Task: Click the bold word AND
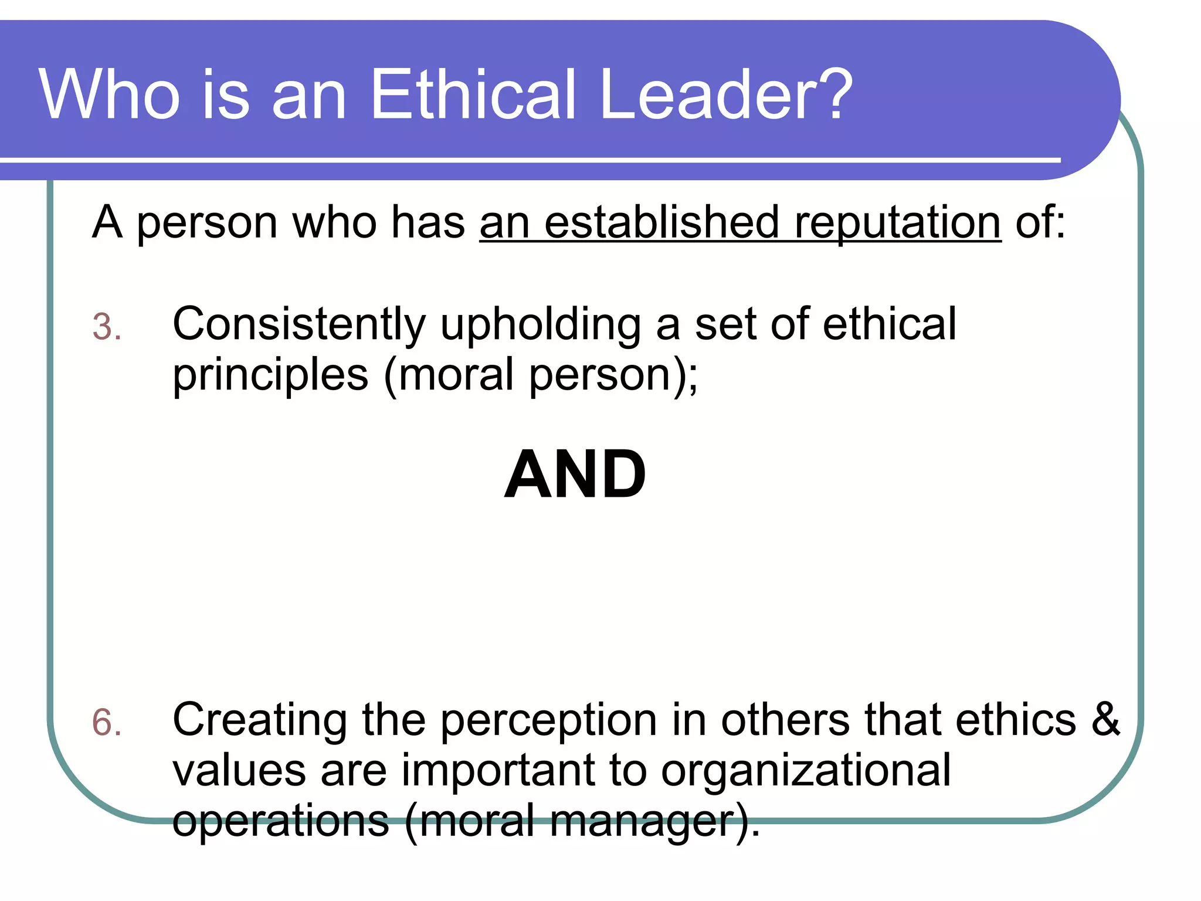coord(575,474)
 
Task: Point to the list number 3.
coord(106,327)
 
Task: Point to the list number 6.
coord(106,722)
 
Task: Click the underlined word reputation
coord(897,223)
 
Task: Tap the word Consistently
coord(299,324)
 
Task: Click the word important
coord(498,771)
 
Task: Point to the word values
coord(239,771)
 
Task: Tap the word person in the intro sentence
coord(207,223)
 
